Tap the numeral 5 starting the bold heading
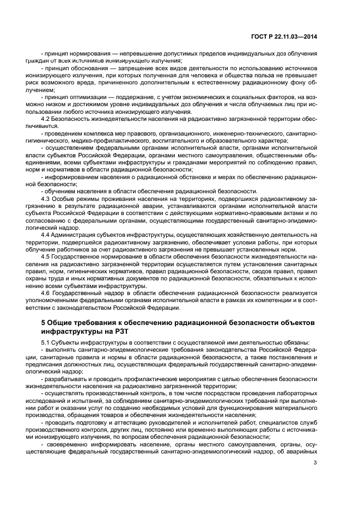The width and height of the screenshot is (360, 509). point(44,322)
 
